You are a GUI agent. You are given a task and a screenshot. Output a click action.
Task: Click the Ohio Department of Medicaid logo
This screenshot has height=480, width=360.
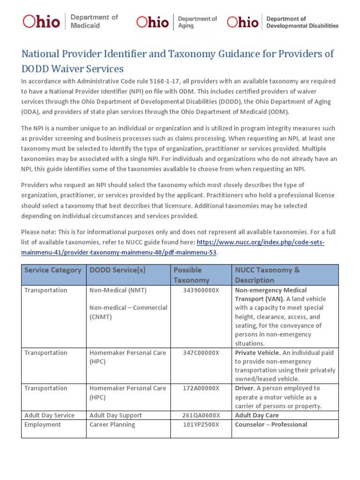coord(70,22)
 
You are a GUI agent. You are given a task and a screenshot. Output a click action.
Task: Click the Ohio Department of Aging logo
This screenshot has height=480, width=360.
coord(177,22)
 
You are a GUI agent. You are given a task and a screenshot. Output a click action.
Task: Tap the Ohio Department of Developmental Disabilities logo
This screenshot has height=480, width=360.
coord(282,22)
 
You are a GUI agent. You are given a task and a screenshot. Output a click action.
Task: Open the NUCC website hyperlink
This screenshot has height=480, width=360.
coord(260,242)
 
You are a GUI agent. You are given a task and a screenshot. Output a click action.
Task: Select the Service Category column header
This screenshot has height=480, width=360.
coord(52,270)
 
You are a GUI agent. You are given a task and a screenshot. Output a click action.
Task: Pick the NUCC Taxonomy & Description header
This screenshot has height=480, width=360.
coord(267,275)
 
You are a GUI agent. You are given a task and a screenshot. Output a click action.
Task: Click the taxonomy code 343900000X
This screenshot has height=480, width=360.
coord(201,290)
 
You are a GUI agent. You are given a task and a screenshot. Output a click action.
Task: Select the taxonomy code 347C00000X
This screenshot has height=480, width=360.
coord(201,353)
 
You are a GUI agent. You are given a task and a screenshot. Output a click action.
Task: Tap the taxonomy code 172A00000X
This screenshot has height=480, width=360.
coord(201,389)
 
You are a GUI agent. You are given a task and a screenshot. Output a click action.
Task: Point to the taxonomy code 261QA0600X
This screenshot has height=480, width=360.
coord(201,415)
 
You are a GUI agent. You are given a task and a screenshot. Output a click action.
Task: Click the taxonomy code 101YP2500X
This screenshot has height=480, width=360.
coord(201,425)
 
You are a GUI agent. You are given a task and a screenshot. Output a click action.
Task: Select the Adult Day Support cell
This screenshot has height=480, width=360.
coord(115,415)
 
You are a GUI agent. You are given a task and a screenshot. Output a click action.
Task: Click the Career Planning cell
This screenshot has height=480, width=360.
coord(112,425)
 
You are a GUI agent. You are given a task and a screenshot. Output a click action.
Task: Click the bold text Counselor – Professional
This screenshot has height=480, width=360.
coord(271,425)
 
